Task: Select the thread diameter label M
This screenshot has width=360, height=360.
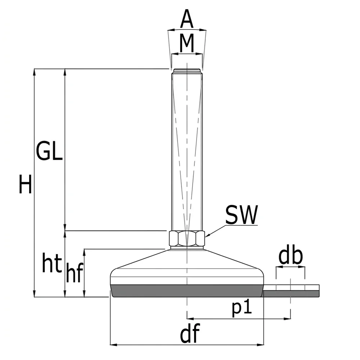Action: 186,43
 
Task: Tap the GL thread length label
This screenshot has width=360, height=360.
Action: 49,151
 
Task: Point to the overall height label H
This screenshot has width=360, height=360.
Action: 25,184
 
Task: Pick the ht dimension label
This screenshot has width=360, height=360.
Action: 52,263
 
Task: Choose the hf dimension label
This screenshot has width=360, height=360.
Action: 75,272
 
